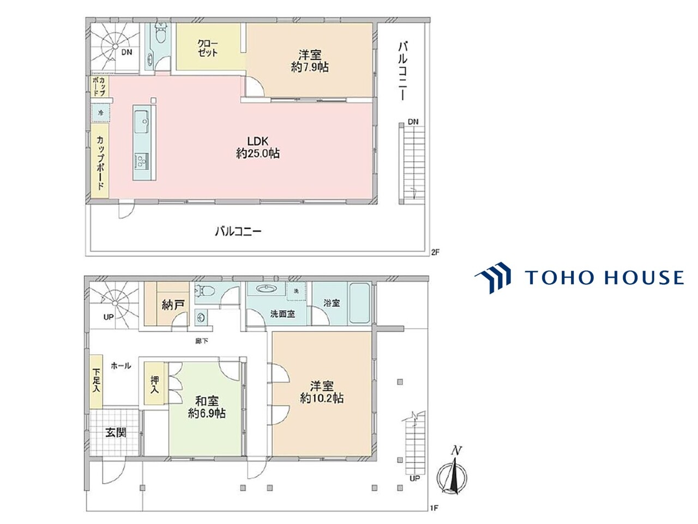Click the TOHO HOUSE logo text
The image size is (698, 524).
tap(604, 277)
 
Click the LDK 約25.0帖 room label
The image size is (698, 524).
tap(257, 147)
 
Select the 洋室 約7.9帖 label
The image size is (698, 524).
tap(310, 61)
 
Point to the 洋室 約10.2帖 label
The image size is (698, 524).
tap(322, 392)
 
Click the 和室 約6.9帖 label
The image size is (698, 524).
tap(207, 407)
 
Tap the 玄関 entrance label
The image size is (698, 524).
tap(116, 432)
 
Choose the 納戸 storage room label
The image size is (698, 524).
tap(173, 305)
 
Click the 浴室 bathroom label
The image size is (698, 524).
tap(332, 303)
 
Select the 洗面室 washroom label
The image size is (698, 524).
tap(282, 314)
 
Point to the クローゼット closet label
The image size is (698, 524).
tap(207, 49)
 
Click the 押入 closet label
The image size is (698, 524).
tap(155, 384)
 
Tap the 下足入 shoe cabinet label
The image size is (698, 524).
tap(97, 380)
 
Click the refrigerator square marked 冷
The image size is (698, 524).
tap(101, 113)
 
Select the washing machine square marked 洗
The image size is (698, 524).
tap(296, 291)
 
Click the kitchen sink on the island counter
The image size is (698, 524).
tap(143, 122)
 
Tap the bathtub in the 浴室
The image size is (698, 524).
tap(360, 303)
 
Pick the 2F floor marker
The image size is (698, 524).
tap(435, 252)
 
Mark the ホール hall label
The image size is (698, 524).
tap(121, 366)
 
